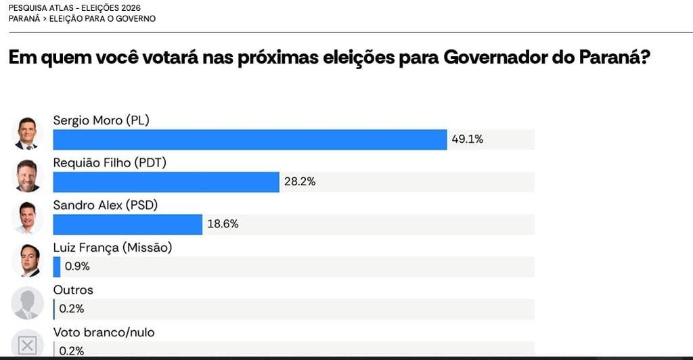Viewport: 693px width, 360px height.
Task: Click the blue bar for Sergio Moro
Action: tap(250, 139)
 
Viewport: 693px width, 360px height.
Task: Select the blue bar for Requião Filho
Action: tap(166, 182)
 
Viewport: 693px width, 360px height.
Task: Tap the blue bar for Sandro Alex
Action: tap(128, 225)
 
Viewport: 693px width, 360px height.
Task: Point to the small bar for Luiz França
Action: tap(57, 267)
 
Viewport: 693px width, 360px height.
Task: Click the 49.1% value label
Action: tap(467, 139)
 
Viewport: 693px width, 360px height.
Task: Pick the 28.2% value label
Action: tap(300, 181)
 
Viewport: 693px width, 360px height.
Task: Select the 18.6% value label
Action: tap(223, 224)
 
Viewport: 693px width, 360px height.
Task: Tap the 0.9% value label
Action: tap(77, 267)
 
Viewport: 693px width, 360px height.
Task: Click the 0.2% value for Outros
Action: tap(72, 309)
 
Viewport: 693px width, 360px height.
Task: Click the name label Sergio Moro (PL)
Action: tap(102, 120)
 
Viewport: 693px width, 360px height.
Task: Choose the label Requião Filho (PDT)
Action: tap(110, 162)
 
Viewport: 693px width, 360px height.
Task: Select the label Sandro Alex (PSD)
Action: tap(105, 205)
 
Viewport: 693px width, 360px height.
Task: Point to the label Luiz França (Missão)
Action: tap(112, 248)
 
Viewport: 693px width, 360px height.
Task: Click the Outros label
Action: tap(73, 290)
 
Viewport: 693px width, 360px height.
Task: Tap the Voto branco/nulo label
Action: tap(104, 333)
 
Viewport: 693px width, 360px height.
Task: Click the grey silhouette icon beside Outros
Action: tap(27, 303)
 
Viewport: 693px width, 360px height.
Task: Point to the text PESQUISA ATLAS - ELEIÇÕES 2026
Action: tap(74, 8)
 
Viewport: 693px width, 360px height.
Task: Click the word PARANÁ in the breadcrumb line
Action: tap(24, 19)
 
